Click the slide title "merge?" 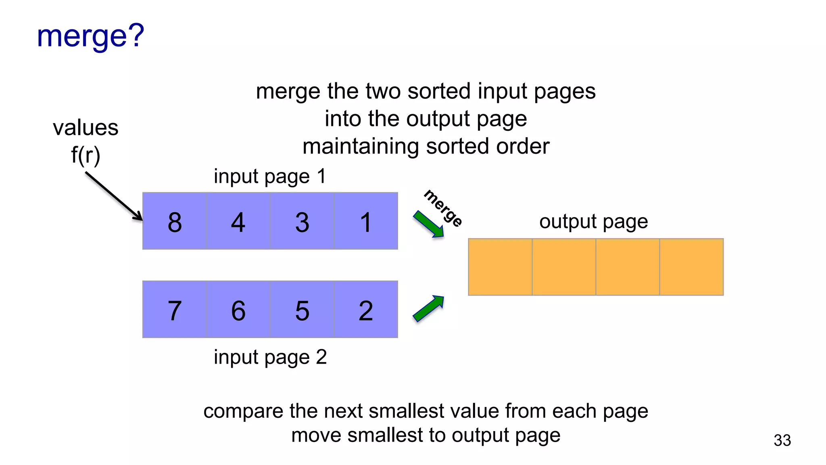click(x=90, y=36)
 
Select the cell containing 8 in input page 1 click(x=175, y=221)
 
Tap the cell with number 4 click(x=238, y=221)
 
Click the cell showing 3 click(x=302, y=221)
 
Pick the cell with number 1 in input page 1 click(x=366, y=221)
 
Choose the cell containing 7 click(x=175, y=310)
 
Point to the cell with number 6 click(x=238, y=310)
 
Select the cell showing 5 click(x=302, y=310)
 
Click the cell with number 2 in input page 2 click(x=366, y=310)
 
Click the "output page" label click(x=593, y=222)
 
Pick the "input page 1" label click(x=270, y=176)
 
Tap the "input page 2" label click(x=270, y=357)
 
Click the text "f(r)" click(x=86, y=155)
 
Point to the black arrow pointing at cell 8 click(x=114, y=196)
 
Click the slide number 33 click(x=782, y=440)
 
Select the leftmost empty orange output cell click(x=500, y=267)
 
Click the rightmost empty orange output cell click(x=691, y=267)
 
